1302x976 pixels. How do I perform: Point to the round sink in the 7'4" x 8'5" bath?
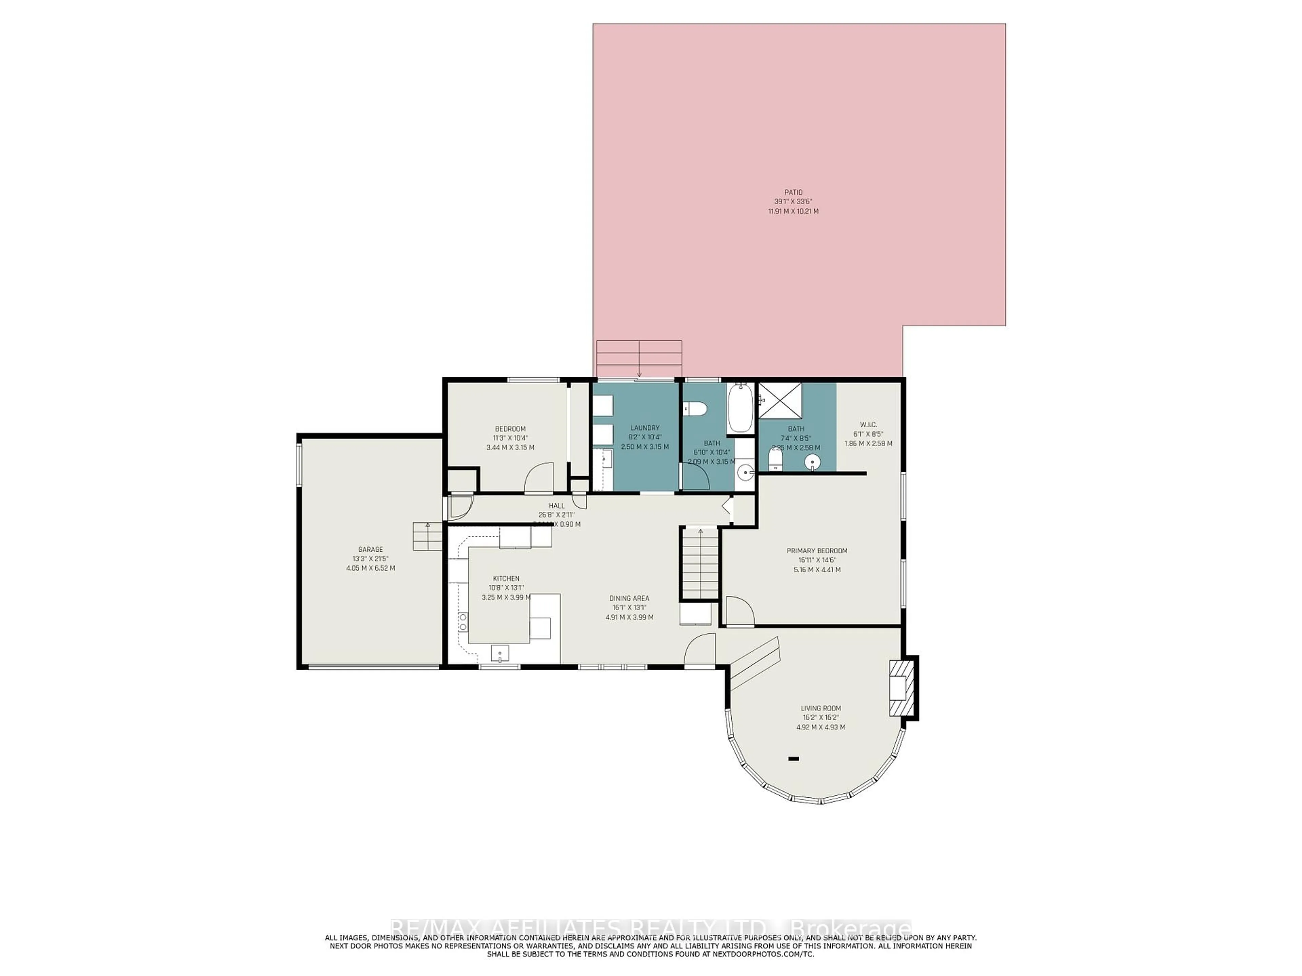point(813,462)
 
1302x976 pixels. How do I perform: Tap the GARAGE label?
point(370,549)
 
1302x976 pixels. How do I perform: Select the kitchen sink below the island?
point(500,653)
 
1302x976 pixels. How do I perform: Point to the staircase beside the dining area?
point(701,563)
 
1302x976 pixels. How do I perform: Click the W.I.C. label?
point(868,425)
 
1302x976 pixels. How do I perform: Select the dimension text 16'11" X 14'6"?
point(817,560)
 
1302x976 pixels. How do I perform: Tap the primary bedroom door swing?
point(739,611)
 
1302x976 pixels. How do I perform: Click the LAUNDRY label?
point(645,428)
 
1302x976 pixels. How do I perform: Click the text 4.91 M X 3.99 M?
point(629,617)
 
